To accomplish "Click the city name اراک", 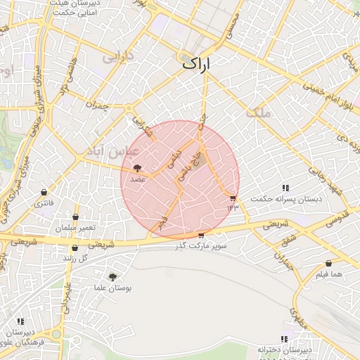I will coord(201,63).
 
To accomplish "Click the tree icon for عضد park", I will coord(136,168).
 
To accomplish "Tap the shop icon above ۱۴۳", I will coord(233,198).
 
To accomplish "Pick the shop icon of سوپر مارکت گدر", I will coord(201,236).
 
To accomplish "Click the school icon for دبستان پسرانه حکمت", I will coord(285,188).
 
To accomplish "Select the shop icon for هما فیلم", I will coord(309,264).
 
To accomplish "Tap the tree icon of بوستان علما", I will coord(112,278).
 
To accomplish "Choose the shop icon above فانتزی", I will coord(44,192).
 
